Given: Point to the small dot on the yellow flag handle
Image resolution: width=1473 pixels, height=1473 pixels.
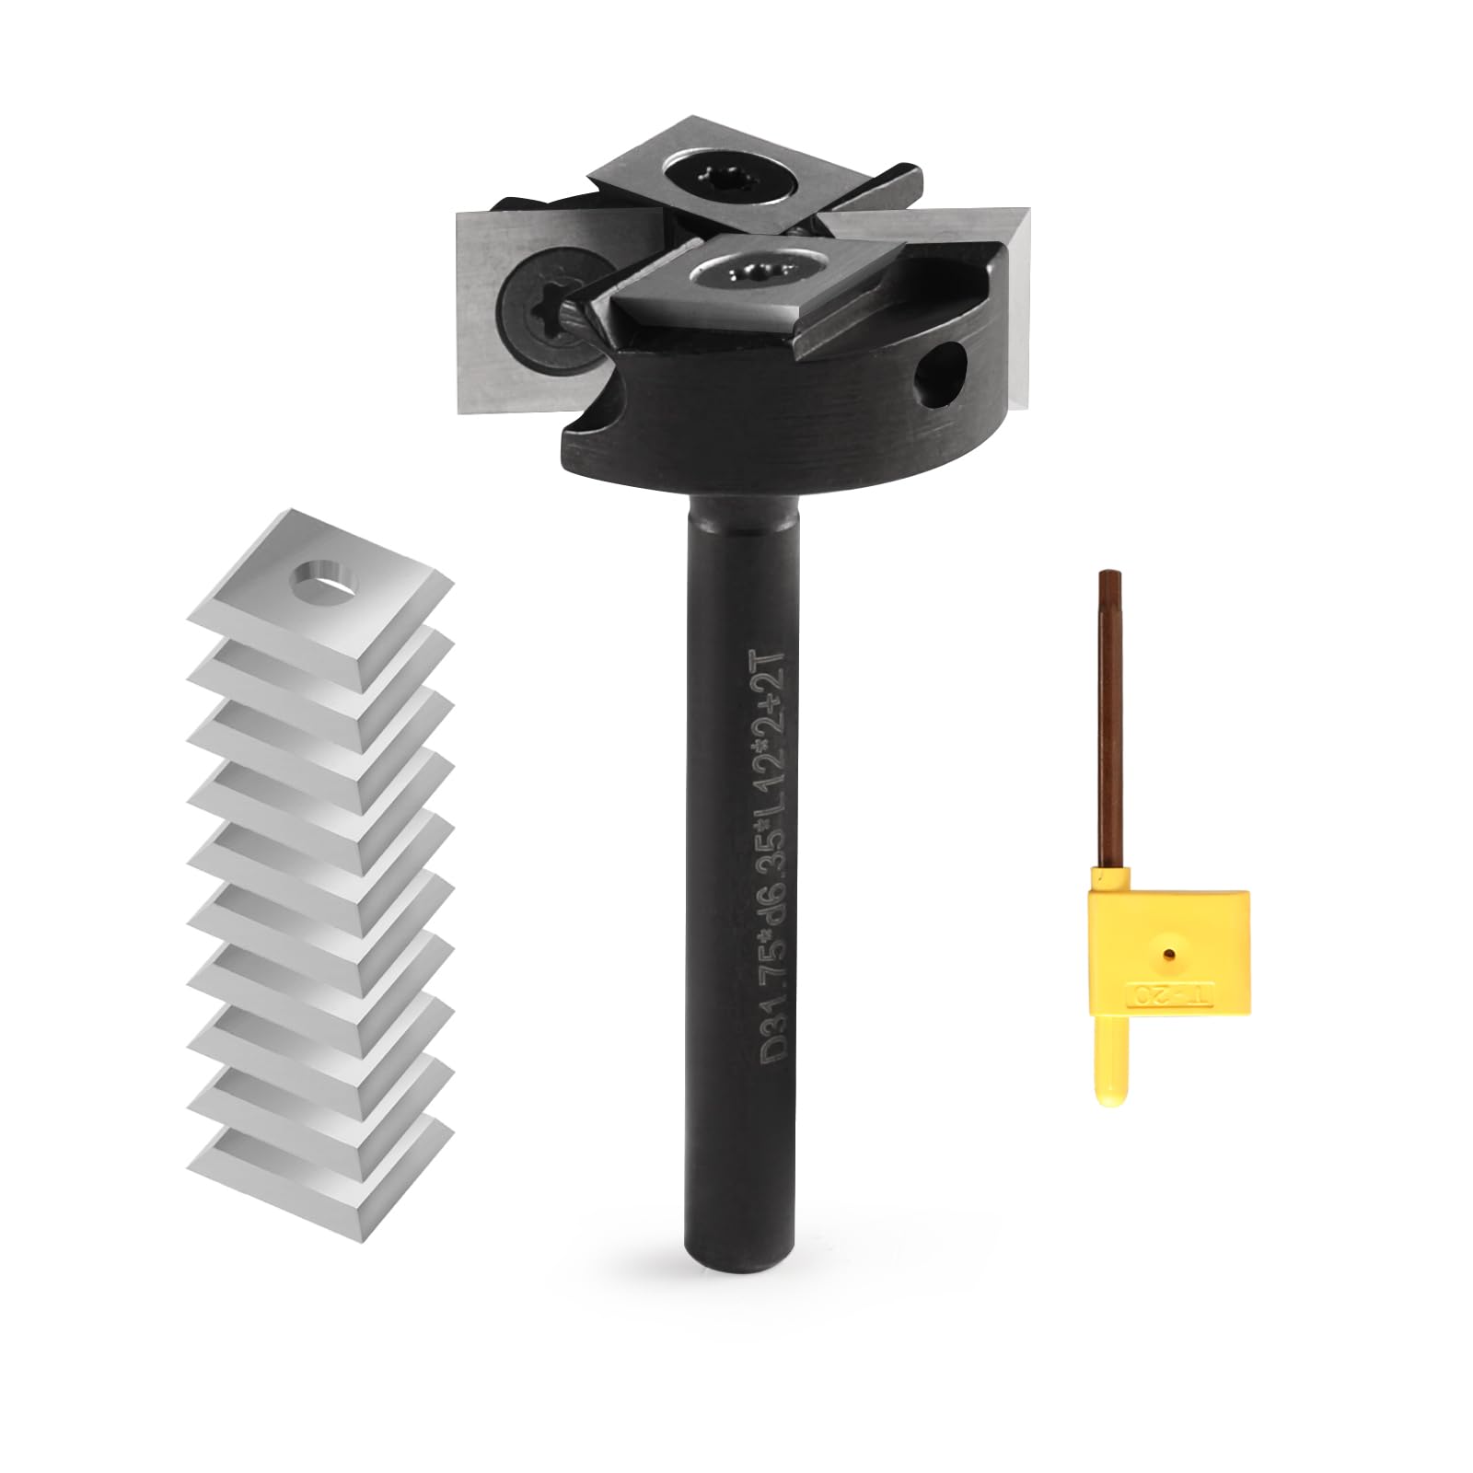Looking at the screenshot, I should coord(1169,931).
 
